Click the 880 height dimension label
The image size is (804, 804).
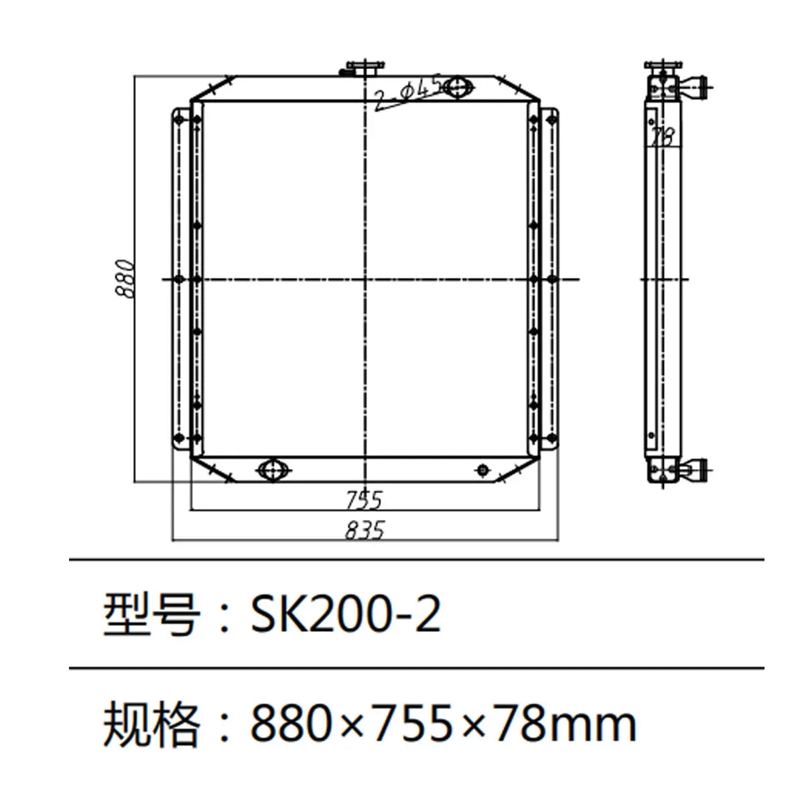[125, 278]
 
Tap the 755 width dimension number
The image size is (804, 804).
[364, 500]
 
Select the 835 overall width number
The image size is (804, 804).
[365, 531]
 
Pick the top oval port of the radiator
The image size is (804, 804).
[459, 87]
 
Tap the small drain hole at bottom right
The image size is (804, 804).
[483, 470]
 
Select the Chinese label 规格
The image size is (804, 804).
[151, 724]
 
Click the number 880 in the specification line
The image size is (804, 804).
[294, 724]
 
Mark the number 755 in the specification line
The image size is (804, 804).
[419, 724]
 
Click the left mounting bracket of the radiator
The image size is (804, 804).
[180, 278]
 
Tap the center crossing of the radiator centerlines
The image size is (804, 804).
[364, 278]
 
